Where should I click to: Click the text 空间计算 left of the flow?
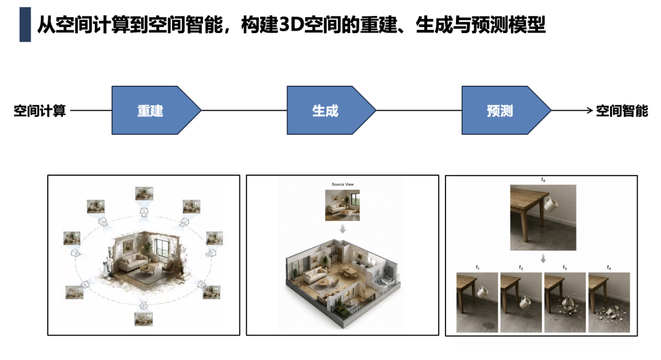pos(40,111)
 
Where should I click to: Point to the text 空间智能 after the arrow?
pos(622,111)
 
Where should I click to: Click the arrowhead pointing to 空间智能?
pos(590,110)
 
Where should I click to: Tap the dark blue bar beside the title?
pos(25,24)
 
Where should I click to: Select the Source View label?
pos(342,184)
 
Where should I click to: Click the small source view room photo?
pos(342,205)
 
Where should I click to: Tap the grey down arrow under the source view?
pos(343,229)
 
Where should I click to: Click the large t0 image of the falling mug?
pos(543,217)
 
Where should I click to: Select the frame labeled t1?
pos(477,302)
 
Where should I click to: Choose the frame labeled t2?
pos(521,302)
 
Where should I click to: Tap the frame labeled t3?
pos(565,302)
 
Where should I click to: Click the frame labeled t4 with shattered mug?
pos(609,302)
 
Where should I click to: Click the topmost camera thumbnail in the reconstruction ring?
pos(144,193)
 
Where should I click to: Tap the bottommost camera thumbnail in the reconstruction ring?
pos(143,319)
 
